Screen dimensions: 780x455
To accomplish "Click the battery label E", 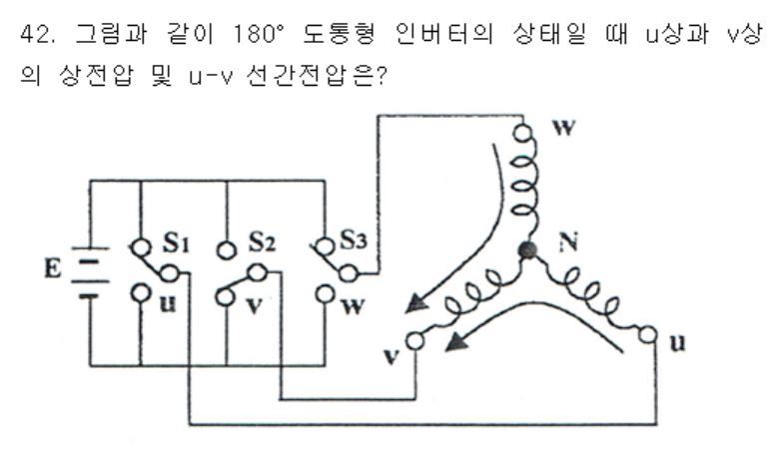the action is [x=52, y=268].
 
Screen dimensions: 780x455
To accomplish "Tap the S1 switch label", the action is [x=176, y=241].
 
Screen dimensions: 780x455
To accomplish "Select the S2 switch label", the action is [x=262, y=241].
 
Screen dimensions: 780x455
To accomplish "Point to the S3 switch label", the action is [x=354, y=239].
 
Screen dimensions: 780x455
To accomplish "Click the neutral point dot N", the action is [x=527, y=250].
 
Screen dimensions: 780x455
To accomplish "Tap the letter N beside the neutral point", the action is [x=568, y=241].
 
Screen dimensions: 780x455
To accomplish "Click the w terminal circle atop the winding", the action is [x=522, y=133].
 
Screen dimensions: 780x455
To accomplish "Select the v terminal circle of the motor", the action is [x=415, y=341].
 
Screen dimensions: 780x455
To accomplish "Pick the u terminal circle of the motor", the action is [x=647, y=335].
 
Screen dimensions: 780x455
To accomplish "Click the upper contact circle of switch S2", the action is [x=227, y=250].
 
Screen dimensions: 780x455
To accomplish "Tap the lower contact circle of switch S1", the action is [x=141, y=292].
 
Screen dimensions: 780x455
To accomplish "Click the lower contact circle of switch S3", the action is [x=325, y=293].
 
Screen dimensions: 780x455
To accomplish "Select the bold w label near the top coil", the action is [x=563, y=128].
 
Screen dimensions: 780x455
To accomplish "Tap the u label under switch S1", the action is [x=168, y=303].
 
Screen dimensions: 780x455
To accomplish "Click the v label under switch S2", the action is [x=255, y=306].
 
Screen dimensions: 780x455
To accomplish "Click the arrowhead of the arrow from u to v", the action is [x=456, y=341].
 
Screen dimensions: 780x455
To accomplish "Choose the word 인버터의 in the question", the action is [x=444, y=34].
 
